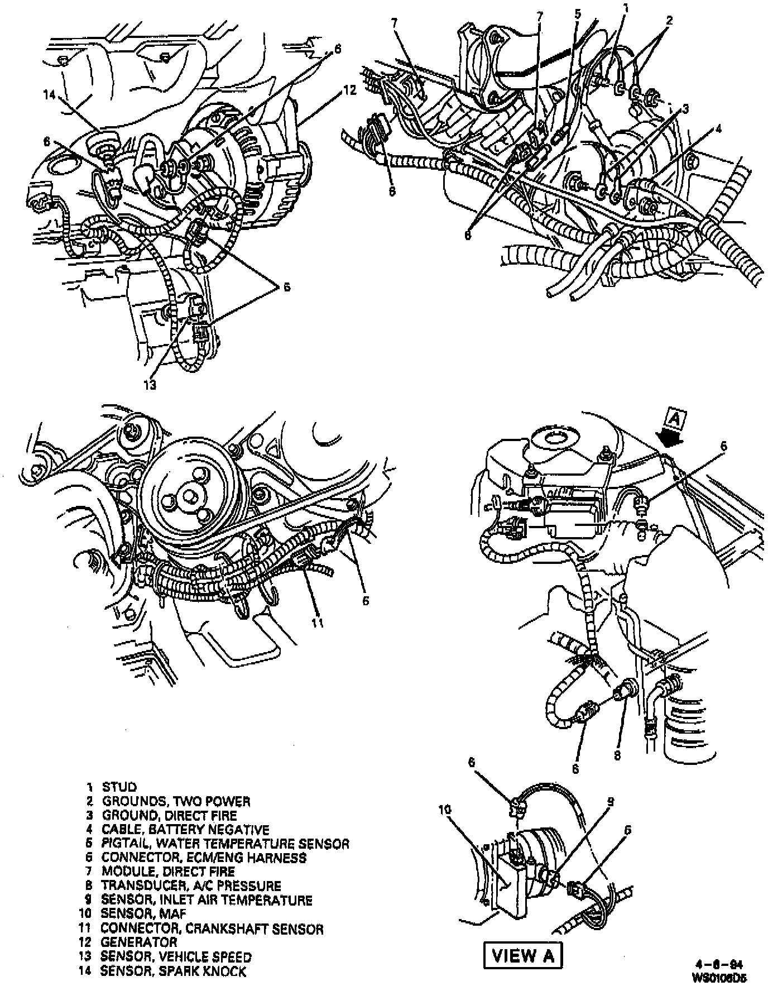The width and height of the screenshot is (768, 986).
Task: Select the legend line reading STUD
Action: coord(118,787)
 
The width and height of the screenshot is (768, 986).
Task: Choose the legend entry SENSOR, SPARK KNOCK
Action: coord(173,972)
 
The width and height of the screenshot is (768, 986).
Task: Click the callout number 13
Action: coord(150,385)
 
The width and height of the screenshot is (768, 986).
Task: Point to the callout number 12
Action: coord(349,90)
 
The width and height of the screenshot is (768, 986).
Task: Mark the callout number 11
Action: coord(317,623)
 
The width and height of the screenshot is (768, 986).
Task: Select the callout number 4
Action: coord(719,130)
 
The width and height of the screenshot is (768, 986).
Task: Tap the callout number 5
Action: coord(578,13)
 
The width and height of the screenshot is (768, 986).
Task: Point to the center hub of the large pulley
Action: coord(189,494)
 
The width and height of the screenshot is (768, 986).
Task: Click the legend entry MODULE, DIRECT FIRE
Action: coord(167,872)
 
